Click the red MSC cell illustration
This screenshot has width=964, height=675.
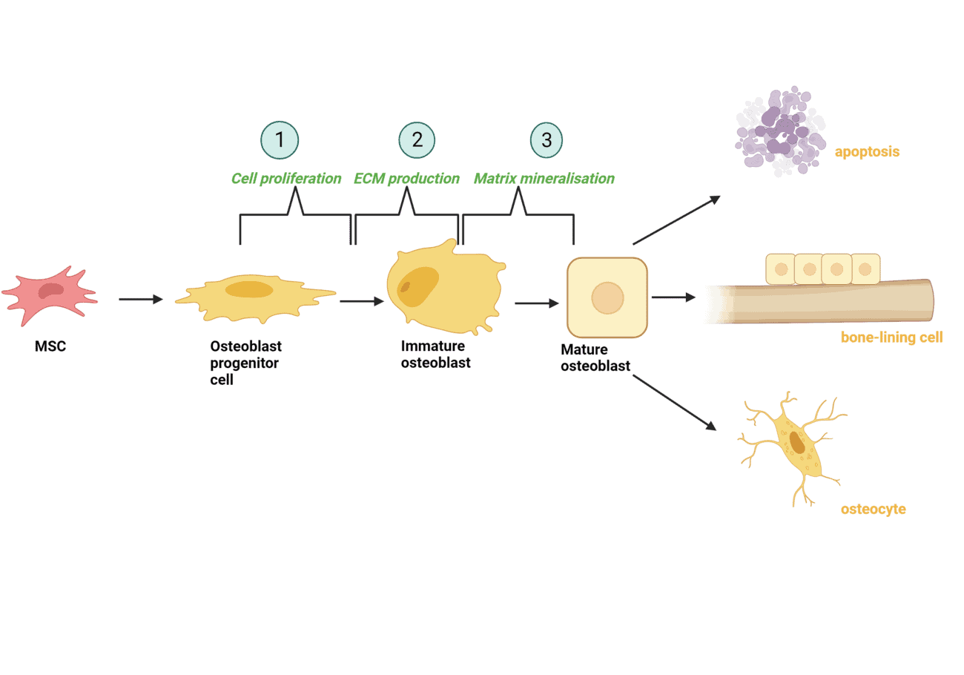[x=50, y=292]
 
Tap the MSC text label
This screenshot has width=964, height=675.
[x=50, y=346]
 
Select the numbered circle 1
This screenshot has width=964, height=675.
[x=279, y=139]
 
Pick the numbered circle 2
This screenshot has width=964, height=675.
[x=417, y=139]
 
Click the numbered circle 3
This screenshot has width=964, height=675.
[x=547, y=139]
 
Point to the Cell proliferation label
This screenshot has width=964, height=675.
[x=286, y=179]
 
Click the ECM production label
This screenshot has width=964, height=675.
[x=406, y=179]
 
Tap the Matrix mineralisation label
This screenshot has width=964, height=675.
[x=544, y=179]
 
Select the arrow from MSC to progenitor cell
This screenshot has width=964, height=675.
[x=140, y=299]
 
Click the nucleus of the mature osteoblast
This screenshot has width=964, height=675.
[x=607, y=297]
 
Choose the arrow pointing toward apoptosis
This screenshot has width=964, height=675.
[x=676, y=220]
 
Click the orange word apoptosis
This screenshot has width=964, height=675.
[x=867, y=152]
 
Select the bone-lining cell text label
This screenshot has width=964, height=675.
[x=891, y=337]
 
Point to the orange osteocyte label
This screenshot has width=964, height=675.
[x=873, y=510]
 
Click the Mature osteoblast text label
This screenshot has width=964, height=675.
[x=595, y=358]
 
